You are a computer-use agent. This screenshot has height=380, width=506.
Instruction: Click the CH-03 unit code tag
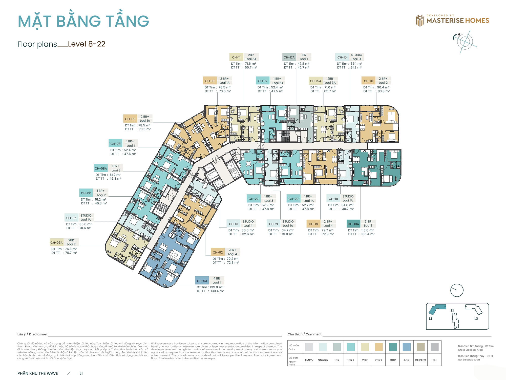pyautogui.click(x=202, y=281)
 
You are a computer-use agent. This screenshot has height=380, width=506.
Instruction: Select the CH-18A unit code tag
pyautogui.click(x=353, y=224)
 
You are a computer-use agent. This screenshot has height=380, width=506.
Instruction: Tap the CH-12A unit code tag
pyautogui.click(x=289, y=57)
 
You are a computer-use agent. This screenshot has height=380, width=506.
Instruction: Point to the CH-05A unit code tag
pyautogui.click(x=56, y=242)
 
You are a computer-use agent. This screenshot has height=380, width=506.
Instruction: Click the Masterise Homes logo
pyautogui.click(x=452, y=20)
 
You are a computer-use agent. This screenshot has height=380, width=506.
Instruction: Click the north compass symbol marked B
pyautogui.click(x=465, y=41)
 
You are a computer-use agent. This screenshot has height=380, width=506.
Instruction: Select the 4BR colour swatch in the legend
pyautogui.click(x=406, y=347)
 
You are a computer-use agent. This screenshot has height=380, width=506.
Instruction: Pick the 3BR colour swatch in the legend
pyautogui.click(x=393, y=347)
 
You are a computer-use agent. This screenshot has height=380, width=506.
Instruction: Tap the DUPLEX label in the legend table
pyautogui.click(x=420, y=360)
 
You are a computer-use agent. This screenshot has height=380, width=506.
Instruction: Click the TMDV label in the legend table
pyautogui.click(x=309, y=360)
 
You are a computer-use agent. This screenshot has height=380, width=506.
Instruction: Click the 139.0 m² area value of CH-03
pyautogui.click(x=216, y=287)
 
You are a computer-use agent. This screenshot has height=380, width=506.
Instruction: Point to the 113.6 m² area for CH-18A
pyautogui.click(x=367, y=230)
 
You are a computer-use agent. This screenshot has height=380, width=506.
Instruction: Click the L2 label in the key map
pyautogui.click(x=476, y=319)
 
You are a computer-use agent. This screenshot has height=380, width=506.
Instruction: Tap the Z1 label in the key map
pyautogui.click(x=452, y=310)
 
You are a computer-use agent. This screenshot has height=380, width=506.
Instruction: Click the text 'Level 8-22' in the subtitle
pyautogui.click(x=87, y=44)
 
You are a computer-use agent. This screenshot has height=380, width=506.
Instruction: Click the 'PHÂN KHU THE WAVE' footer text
pyautogui.click(x=38, y=373)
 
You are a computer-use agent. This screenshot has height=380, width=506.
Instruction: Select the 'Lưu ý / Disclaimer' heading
pyautogui.click(x=33, y=334)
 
